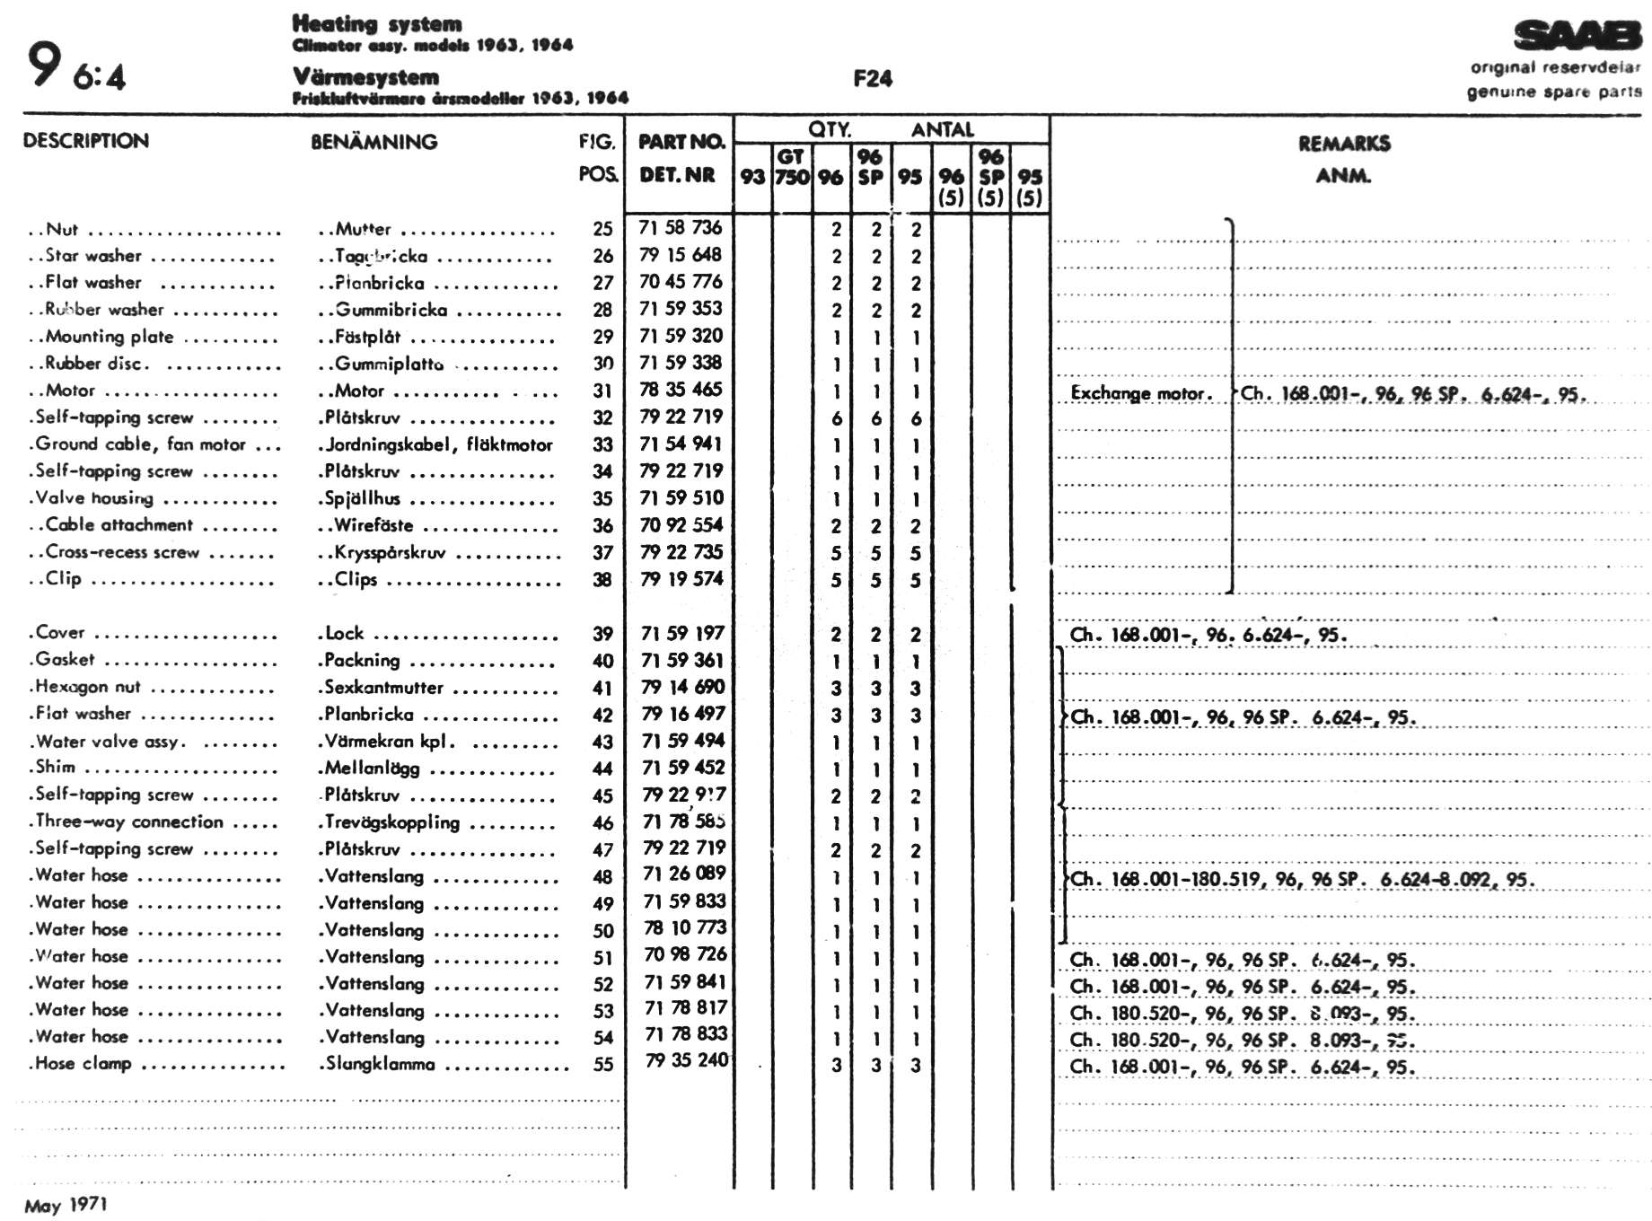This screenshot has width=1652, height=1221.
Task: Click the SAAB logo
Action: tap(1577, 36)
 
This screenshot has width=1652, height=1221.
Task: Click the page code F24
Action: tap(872, 79)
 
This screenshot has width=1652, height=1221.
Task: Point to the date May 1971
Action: tap(66, 1205)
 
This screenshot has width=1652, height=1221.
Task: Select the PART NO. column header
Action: tap(681, 142)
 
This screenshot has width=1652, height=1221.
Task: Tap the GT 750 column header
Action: tap(791, 167)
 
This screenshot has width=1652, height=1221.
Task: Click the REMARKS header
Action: tap(1343, 144)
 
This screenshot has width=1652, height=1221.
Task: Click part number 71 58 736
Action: tap(680, 228)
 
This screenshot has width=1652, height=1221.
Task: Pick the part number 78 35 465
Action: tap(680, 390)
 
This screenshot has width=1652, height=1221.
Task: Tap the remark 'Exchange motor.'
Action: tap(1141, 393)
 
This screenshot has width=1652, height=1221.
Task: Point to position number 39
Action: tap(602, 634)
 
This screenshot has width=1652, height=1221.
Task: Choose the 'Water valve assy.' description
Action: tap(109, 742)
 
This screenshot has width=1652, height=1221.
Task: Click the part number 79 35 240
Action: tap(686, 1060)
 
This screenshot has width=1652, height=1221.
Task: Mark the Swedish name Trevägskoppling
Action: tap(391, 822)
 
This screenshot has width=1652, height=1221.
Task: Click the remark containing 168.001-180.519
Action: tap(1302, 880)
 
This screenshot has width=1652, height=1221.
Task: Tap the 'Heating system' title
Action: tap(377, 24)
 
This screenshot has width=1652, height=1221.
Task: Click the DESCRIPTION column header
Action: tap(86, 141)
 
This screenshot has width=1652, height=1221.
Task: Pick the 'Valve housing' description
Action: tap(94, 498)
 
